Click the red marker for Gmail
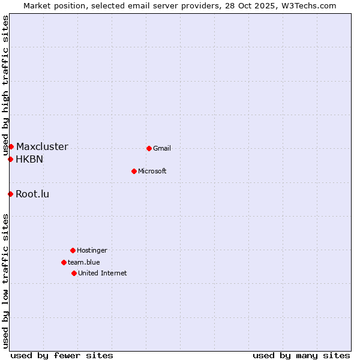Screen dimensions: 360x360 pos(149,148)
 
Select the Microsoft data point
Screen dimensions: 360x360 pos(134,171)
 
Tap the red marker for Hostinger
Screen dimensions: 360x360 pos(73,250)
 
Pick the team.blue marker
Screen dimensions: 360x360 pos(64,262)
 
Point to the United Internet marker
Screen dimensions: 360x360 pos(74,273)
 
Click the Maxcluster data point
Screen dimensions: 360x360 pos(11,146)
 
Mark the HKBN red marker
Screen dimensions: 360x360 pos(10,159)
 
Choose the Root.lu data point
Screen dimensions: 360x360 pos(10,194)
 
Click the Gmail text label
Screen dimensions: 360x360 pos(162,149)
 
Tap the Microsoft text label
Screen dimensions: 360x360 pos(152,172)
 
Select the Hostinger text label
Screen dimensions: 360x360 pos(92,251)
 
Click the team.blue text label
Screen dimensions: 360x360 pos(84,263)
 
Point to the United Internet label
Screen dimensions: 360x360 pos(103,274)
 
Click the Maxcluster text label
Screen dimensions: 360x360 pos(42,147)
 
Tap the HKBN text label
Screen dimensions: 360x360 pos(29,160)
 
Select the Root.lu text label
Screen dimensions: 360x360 pos(32,194)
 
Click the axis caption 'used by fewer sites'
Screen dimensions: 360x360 pos(62,355)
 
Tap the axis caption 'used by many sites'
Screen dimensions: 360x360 pos(301,355)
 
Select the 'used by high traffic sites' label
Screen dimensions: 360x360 pos(5,85)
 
